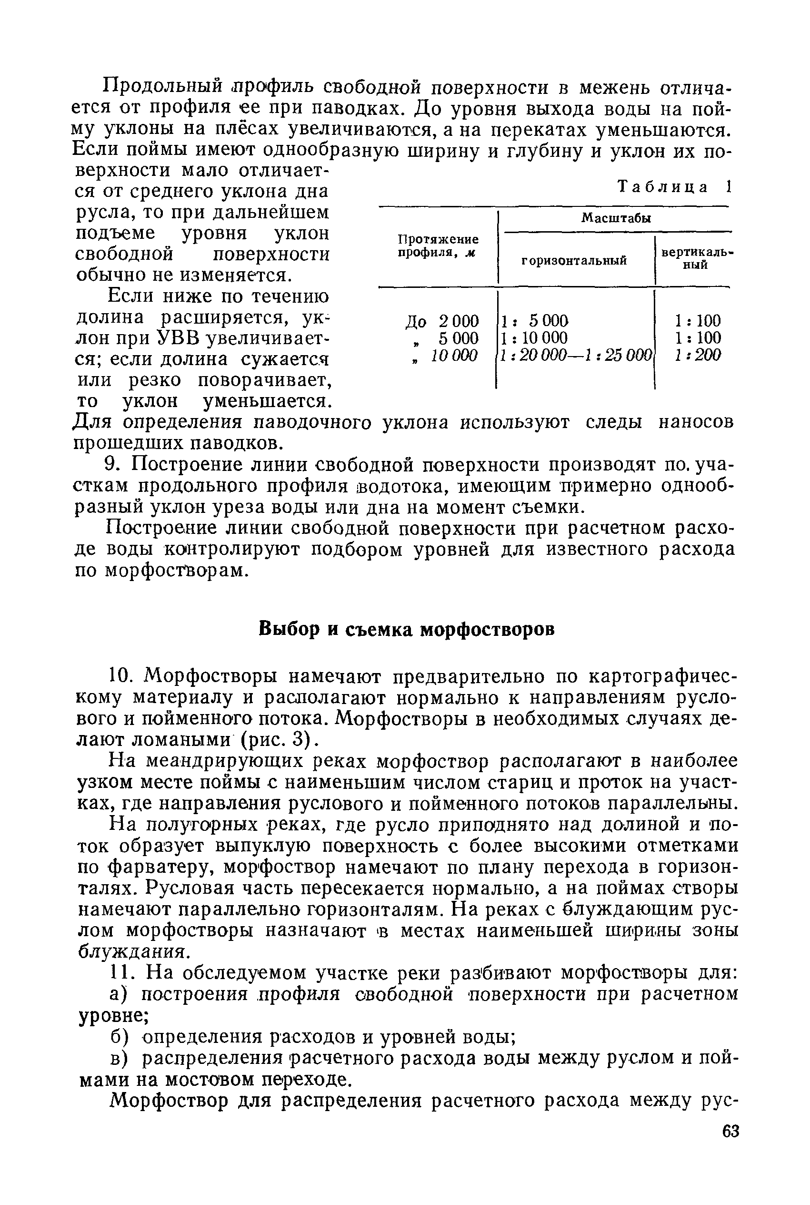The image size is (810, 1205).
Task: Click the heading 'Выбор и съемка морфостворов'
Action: (x=406, y=630)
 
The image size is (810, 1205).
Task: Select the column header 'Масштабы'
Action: (x=616, y=218)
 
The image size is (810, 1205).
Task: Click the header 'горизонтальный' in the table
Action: (x=573, y=261)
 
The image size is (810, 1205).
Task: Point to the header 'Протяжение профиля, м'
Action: (x=438, y=246)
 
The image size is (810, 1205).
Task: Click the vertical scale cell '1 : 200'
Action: (x=698, y=355)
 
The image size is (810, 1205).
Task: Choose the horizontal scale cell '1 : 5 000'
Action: (x=534, y=321)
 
